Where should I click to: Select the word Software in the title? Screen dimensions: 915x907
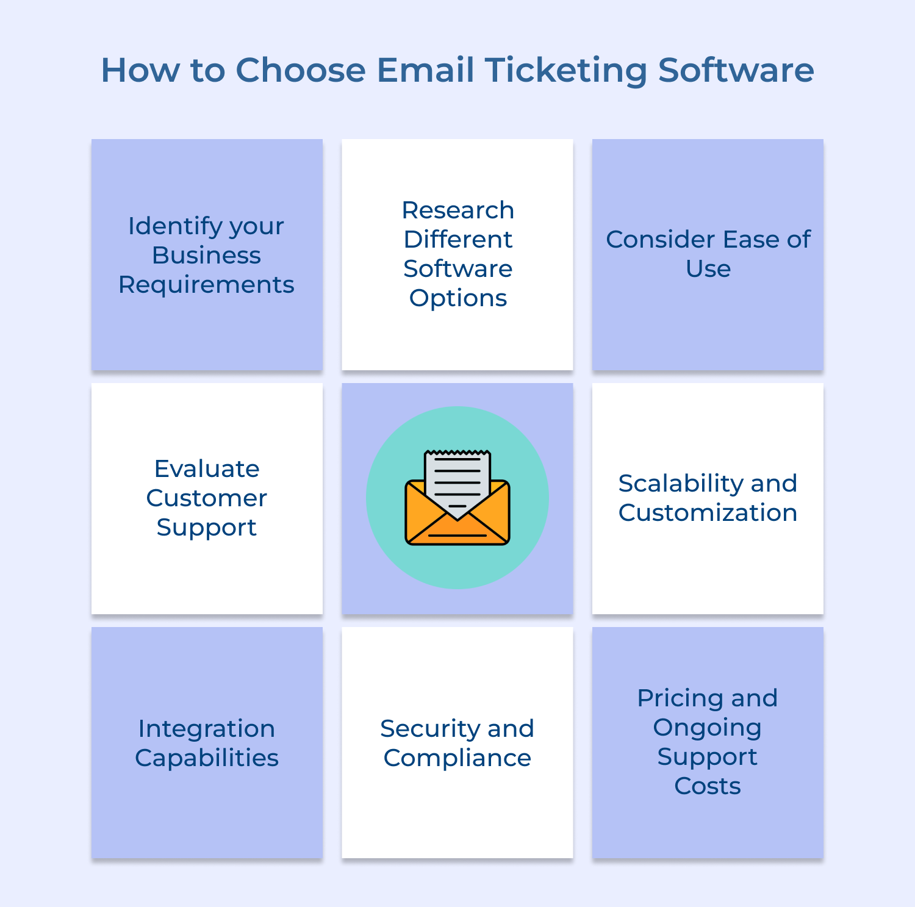[x=736, y=70]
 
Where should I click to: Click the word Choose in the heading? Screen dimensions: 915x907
[x=301, y=70]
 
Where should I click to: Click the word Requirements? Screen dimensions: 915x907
[x=206, y=285]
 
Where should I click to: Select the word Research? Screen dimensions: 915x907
[x=457, y=210]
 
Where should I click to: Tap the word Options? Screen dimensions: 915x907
[x=457, y=299]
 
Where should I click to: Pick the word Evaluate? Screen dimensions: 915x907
[x=207, y=468]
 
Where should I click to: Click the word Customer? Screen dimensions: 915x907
[x=207, y=498]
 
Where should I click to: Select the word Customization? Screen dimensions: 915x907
[x=708, y=512]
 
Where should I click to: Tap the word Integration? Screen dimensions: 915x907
[x=206, y=730]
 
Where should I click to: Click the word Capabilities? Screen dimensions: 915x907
[x=207, y=759]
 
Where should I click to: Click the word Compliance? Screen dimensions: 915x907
[x=457, y=759]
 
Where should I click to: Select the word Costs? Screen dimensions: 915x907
[x=708, y=786]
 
